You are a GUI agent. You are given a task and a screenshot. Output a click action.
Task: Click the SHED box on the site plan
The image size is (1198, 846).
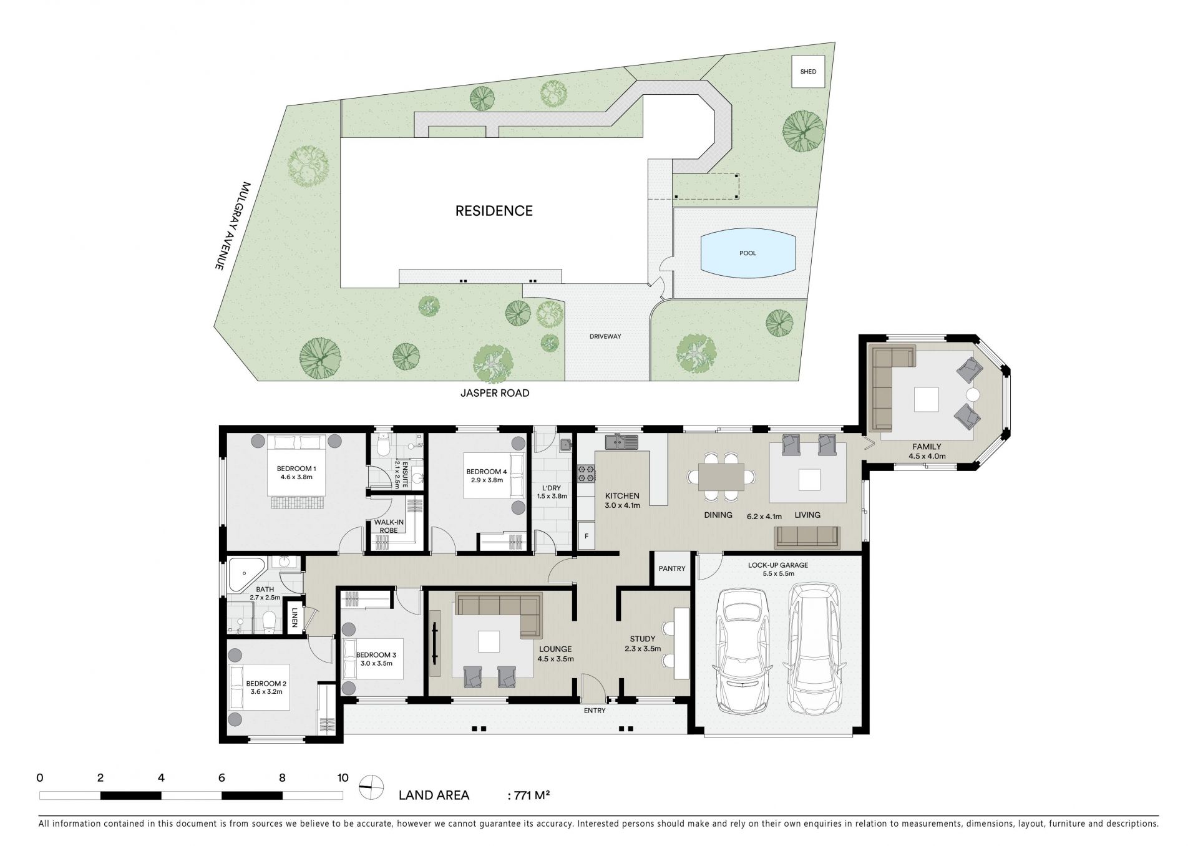click(x=808, y=72)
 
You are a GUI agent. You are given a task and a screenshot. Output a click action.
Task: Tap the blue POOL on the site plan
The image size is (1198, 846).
click(x=748, y=253)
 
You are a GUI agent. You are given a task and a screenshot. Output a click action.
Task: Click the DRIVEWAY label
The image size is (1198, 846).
click(x=605, y=336)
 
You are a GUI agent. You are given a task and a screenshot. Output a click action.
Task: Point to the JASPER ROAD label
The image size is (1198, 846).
click(x=495, y=393)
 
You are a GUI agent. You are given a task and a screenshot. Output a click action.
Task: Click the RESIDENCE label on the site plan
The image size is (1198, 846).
click(x=494, y=211)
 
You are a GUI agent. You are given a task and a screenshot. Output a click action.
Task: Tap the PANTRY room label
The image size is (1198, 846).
click(x=672, y=568)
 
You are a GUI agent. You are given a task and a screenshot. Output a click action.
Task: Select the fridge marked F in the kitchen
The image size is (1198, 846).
click(x=587, y=536)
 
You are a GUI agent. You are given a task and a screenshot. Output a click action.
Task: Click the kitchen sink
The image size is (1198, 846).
click(x=621, y=442)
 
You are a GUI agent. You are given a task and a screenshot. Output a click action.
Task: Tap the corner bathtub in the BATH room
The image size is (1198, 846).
click(x=247, y=575)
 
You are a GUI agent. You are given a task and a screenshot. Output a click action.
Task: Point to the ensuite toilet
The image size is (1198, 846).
click(x=384, y=444)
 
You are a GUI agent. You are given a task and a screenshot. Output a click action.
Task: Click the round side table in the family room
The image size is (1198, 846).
click(x=972, y=394)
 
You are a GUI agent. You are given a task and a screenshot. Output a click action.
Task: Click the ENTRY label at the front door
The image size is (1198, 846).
click(x=595, y=710)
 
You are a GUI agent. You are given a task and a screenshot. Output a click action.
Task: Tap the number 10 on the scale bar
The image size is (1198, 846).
click(x=343, y=778)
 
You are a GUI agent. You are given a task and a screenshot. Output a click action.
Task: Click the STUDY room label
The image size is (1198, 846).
click(x=643, y=639)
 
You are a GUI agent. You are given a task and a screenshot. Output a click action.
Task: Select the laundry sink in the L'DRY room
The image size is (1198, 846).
click(x=566, y=445)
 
